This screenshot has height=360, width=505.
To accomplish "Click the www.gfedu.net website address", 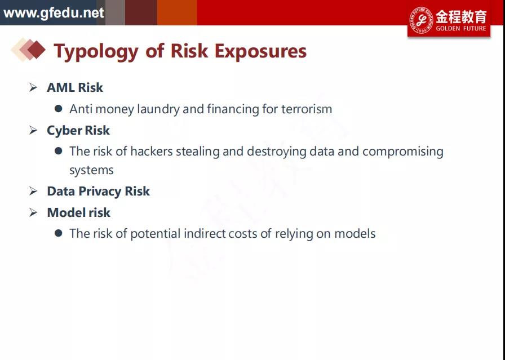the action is point(54,13).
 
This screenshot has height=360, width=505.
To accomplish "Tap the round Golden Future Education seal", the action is point(421,20).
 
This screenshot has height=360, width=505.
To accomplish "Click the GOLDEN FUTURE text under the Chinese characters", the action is point(461,28).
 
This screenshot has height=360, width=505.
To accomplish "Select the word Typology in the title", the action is point(96,52).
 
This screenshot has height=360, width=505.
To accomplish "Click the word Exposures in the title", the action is point(260,52).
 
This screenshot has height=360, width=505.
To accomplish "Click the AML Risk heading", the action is point(75,87).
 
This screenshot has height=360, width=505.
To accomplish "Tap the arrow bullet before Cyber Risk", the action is point(33,130).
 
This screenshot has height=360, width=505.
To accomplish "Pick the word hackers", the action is point(152,152).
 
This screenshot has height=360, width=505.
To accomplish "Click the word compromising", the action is point(403,152).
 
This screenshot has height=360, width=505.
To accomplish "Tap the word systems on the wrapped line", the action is point(91,170).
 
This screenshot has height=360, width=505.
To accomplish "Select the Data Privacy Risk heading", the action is point(98,192).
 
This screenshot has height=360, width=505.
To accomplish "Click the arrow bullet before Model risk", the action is point(33,212).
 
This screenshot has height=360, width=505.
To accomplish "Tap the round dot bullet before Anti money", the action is point(58,109).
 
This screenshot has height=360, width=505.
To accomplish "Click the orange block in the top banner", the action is point(177,12).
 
